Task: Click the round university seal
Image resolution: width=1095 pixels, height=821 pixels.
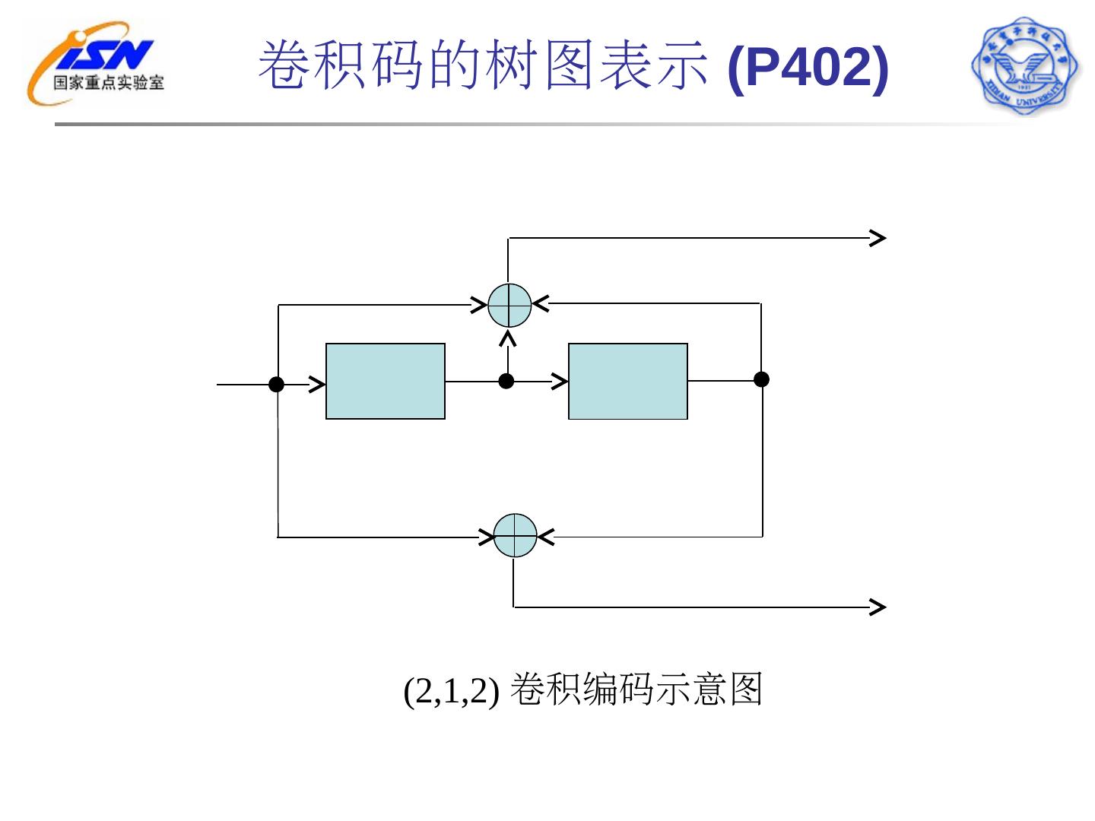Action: (1024, 66)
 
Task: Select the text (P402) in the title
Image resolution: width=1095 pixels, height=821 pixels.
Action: (808, 67)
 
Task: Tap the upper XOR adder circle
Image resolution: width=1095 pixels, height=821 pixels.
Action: (509, 306)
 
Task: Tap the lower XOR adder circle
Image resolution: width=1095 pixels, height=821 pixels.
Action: (516, 536)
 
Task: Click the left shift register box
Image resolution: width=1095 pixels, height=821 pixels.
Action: (386, 381)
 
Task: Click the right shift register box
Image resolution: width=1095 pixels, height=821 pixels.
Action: (628, 381)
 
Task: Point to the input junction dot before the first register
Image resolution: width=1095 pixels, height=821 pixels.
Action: (277, 385)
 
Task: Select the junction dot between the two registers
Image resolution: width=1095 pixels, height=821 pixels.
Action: (506, 381)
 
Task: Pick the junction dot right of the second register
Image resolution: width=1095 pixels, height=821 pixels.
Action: (761, 379)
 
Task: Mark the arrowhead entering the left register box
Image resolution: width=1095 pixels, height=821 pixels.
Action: (317, 385)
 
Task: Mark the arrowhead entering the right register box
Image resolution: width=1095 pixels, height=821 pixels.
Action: (560, 381)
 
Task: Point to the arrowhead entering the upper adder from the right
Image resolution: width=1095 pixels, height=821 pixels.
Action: (541, 304)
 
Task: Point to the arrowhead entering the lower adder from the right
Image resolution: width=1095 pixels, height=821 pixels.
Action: (546, 537)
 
